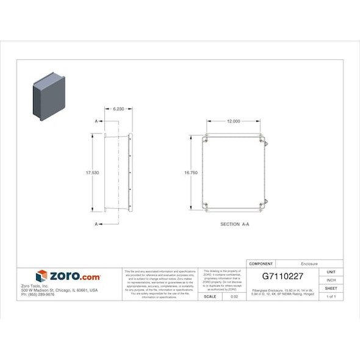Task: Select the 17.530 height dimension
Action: point(92,173)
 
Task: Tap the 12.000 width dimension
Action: point(234,121)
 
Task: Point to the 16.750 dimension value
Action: point(190,173)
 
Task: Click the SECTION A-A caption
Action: point(235,225)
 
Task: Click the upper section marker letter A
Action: point(96,121)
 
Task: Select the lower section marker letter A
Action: point(96,224)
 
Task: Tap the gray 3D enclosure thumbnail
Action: point(49,96)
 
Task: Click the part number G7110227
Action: point(282,276)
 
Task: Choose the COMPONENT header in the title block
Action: point(261,264)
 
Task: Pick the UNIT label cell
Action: point(331,272)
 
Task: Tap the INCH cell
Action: point(331,280)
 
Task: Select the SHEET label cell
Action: point(331,288)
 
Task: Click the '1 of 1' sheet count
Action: point(331,297)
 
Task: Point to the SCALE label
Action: point(209,297)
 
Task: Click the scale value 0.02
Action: point(234,297)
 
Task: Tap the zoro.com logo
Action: point(68,276)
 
